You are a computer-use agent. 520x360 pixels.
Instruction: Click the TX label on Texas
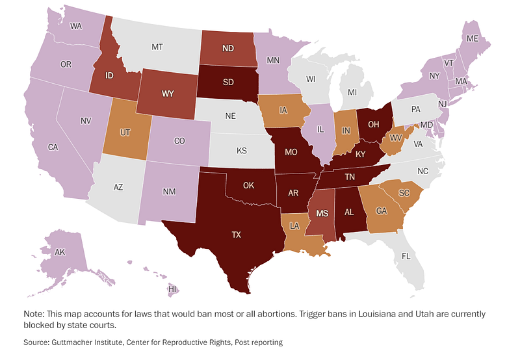point(236,235)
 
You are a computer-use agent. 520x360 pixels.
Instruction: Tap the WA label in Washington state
point(76,26)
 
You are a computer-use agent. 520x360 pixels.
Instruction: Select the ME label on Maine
point(473,39)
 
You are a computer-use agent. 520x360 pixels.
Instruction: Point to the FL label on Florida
point(406,256)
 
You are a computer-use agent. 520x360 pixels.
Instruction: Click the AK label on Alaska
point(60,252)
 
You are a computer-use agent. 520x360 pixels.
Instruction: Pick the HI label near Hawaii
point(172,289)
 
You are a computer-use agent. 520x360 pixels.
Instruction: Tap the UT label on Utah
point(125,133)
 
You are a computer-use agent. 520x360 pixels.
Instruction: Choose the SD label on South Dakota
point(228,82)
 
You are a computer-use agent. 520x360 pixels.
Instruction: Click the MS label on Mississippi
point(322,213)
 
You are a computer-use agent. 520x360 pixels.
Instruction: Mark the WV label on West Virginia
point(396,138)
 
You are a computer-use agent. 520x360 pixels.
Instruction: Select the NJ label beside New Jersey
point(443,104)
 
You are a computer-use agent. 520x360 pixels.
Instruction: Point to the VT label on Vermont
point(448,63)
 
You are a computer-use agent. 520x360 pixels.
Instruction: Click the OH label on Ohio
point(373,124)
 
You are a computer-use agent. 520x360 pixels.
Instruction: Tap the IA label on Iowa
point(283,110)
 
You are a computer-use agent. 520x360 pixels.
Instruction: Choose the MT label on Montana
point(157,47)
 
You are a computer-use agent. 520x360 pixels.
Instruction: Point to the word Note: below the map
point(34,314)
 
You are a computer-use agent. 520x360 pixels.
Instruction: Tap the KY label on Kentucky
point(361,154)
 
